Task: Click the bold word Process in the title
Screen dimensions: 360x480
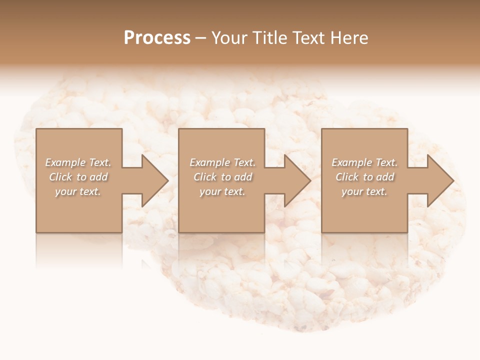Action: tap(157, 38)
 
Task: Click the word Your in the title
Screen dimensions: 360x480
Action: tap(229, 38)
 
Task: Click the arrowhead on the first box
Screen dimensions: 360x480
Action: tap(152, 181)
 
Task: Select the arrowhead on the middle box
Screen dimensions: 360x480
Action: tap(295, 181)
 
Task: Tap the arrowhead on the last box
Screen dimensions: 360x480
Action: tap(438, 181)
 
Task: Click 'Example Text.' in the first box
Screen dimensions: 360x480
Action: tap(78, 162)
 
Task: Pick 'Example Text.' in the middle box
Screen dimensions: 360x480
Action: tap(222, 162)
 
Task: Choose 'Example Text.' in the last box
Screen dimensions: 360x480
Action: tap(364, 162)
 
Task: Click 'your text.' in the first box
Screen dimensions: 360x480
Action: tap(78, 191)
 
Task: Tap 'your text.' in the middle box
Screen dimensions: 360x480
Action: tap(222, 191)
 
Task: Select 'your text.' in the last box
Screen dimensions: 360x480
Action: tap(364, 191)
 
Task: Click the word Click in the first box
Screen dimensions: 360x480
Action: tap(60, 177)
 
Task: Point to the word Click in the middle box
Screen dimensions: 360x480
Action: tap(204, 177)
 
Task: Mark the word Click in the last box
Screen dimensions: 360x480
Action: tap(347, 177)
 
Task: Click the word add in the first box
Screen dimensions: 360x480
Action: tap(98, 177)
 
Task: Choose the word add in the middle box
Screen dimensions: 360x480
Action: tap(243, 177)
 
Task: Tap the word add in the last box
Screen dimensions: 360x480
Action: tap(385, 177)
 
